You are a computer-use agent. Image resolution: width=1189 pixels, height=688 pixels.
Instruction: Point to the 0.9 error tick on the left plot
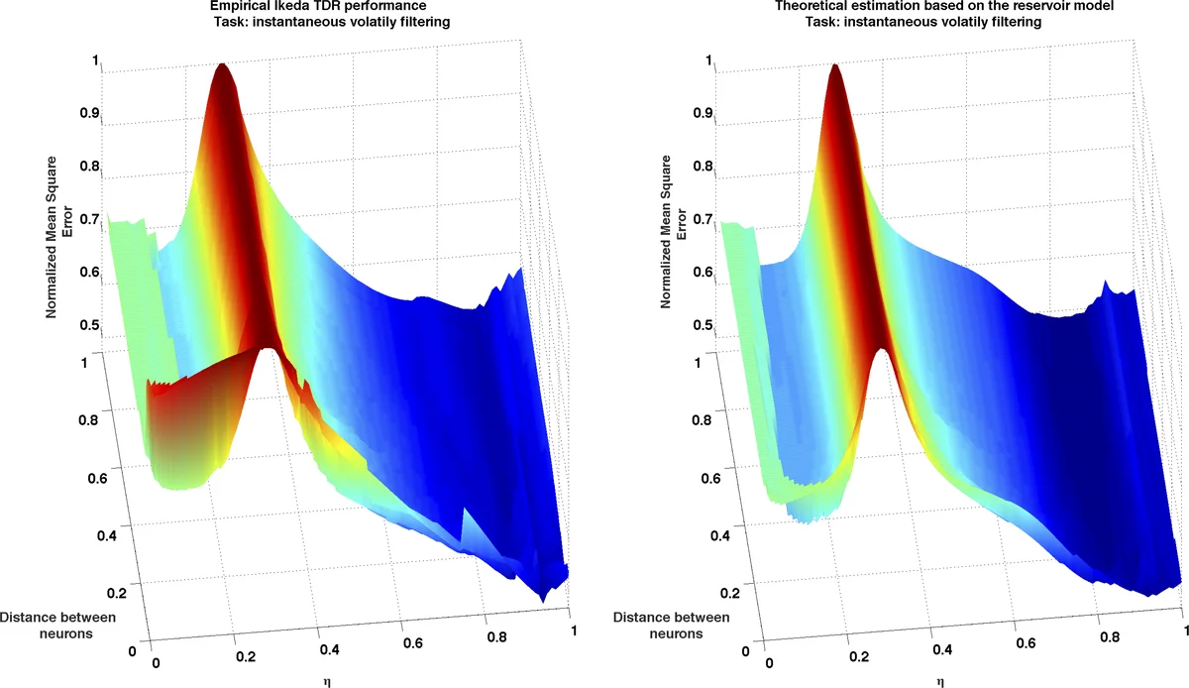point(90,112)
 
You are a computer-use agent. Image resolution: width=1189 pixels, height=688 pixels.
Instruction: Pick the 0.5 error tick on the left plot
point(90,324)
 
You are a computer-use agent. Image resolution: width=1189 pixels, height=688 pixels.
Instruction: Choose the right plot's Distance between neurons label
point(671,626)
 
